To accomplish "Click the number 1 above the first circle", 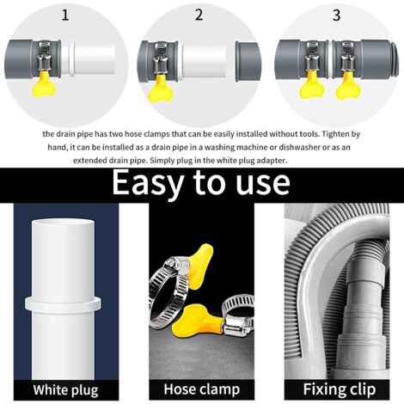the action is tap(65, 15).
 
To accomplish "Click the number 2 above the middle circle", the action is tap(199, 15).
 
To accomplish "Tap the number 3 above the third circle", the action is tap(336, 15).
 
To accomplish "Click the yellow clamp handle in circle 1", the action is tap(44, 84).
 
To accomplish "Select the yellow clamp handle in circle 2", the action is tap(160, 89).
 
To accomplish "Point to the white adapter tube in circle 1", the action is tap(89, 59).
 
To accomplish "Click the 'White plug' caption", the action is tap(65, 390).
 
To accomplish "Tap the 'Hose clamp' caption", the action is tap(202, 389).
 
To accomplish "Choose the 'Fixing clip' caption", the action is tap(340, 389).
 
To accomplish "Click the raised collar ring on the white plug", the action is tap(63, 305).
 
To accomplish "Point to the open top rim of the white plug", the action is tap(63, 223).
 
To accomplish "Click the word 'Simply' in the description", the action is tap(162, 161).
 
